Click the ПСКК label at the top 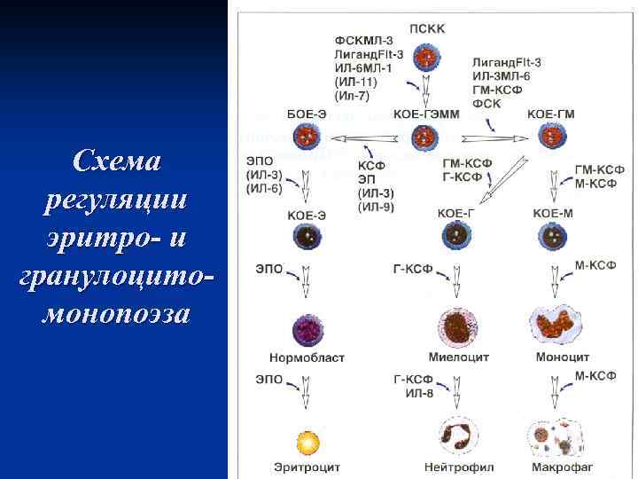(428, 27)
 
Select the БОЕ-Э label (307, 114)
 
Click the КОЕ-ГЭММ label (425, 114)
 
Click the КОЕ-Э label (307, 214)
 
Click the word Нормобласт (307, 357)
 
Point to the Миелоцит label (459, 357)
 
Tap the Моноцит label (562, 357)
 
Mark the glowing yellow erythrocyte (307, 440)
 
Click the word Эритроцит (307, 467)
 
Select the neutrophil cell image (459, 436)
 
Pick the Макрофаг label (562, 467)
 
